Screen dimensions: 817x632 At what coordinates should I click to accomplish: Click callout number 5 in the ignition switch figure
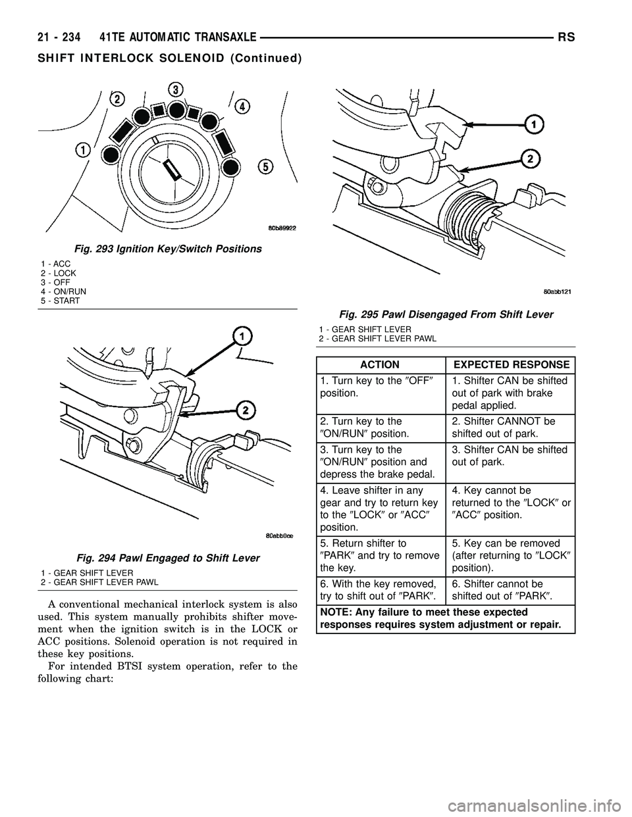click(x=266, y=167)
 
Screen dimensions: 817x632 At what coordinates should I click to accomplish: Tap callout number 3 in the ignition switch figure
click(x=174, y=89)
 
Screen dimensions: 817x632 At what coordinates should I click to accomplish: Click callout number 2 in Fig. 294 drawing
click(x=246, y=410)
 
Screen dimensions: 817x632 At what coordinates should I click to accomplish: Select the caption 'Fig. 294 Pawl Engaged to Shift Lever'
click(x=151, y=557)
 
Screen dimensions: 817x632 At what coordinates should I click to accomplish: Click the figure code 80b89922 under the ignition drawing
click(x=272, y=228)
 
